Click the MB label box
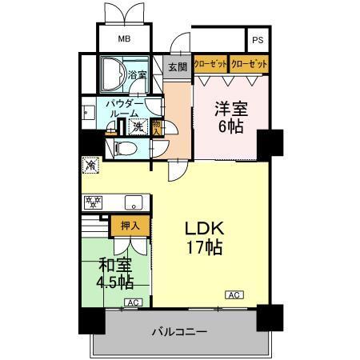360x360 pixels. point(124,39)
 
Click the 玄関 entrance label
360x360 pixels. point(177,67)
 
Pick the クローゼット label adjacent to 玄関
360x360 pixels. point(210,63)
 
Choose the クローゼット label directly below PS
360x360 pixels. point(248,63)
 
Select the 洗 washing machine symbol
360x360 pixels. point(138,126)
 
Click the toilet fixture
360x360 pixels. point(124,148)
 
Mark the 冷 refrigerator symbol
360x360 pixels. point(90,166)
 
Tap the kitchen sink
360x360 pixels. point(128,202)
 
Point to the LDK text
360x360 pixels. point(206,229)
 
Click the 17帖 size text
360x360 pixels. point(206,249)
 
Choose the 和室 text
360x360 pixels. point(115,263)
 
